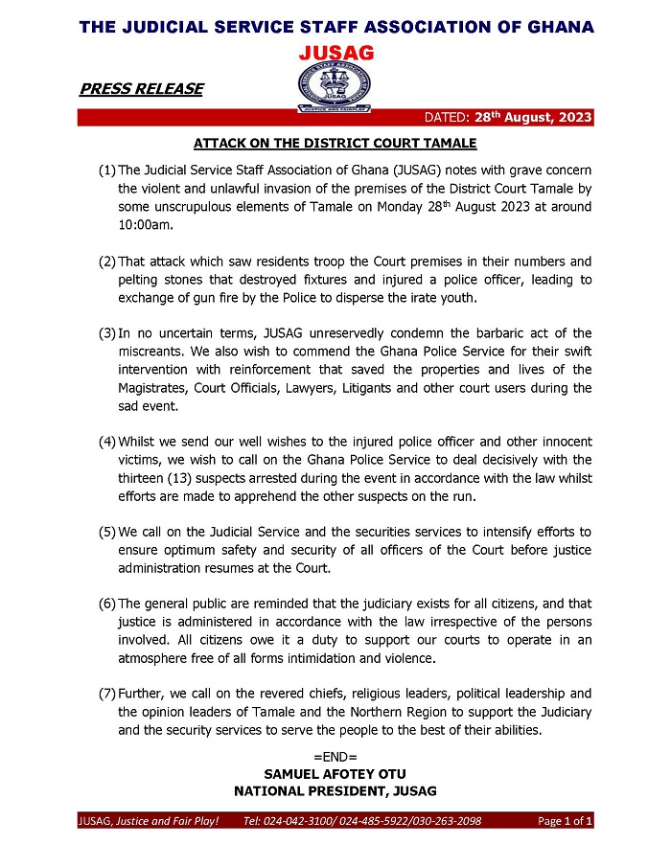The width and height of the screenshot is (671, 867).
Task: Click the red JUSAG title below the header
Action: pos(335,51)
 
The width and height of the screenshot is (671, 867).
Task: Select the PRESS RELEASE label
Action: pos(142,89)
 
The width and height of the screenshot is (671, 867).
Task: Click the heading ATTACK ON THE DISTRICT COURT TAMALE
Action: pos(335,144)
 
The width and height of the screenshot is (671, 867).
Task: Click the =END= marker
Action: pos(335,756)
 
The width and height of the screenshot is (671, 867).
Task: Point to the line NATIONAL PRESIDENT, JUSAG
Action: pos(335,790)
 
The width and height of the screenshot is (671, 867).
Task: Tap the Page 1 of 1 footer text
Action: pos(565,822)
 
